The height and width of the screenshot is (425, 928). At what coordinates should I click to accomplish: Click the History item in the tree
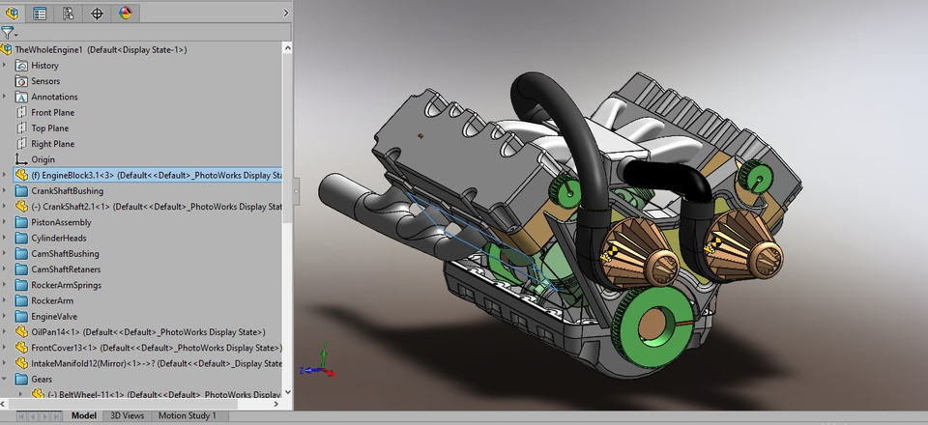click(44, 66)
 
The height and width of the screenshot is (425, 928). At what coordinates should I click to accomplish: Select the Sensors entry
click(45, 81)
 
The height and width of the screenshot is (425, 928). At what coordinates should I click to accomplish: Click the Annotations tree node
click(54, 97)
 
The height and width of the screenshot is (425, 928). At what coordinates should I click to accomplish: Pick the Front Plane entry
click(52, 113)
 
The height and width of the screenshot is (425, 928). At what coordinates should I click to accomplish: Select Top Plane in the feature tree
click(50, 128)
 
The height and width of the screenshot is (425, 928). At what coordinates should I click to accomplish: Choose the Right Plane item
click(52, 144)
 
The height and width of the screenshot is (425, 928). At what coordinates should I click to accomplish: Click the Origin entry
click(43, 159)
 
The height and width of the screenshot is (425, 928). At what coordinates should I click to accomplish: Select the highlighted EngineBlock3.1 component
click(145, 176)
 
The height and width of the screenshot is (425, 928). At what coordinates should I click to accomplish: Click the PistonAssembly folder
click(61, 222)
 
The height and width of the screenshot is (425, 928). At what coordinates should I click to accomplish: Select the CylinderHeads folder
click(58, 238)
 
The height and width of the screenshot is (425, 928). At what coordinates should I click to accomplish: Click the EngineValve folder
click(54, 316)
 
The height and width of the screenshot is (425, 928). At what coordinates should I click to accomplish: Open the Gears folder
click(42, 380)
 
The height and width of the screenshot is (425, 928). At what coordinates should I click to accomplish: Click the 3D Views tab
click(128, 415)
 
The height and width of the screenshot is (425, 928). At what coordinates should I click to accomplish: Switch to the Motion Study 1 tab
click(188, 415)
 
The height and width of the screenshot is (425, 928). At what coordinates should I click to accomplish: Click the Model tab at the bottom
click(84, 415)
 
